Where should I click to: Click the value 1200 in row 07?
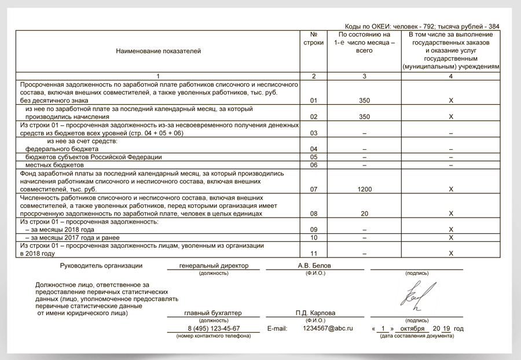pyautogui.click(x=364, y=189)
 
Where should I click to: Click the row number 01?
pyautogui.click(x=314, y=101)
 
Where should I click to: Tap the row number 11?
pyautogui.click(x=314, y=254)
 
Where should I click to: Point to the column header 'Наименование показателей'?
pyautogui.click(x=158, y=52)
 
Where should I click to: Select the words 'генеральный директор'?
pyautogui.click(x=214, y=266)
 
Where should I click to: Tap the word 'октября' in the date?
pyautogui.click(x=409, y=329)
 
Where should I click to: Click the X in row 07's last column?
pyautogui.click(x=451, y=189)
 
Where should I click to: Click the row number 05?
pyautogui.click(x=314, y=157)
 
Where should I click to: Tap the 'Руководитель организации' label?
pyautogui.click(x=101, y=266)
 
